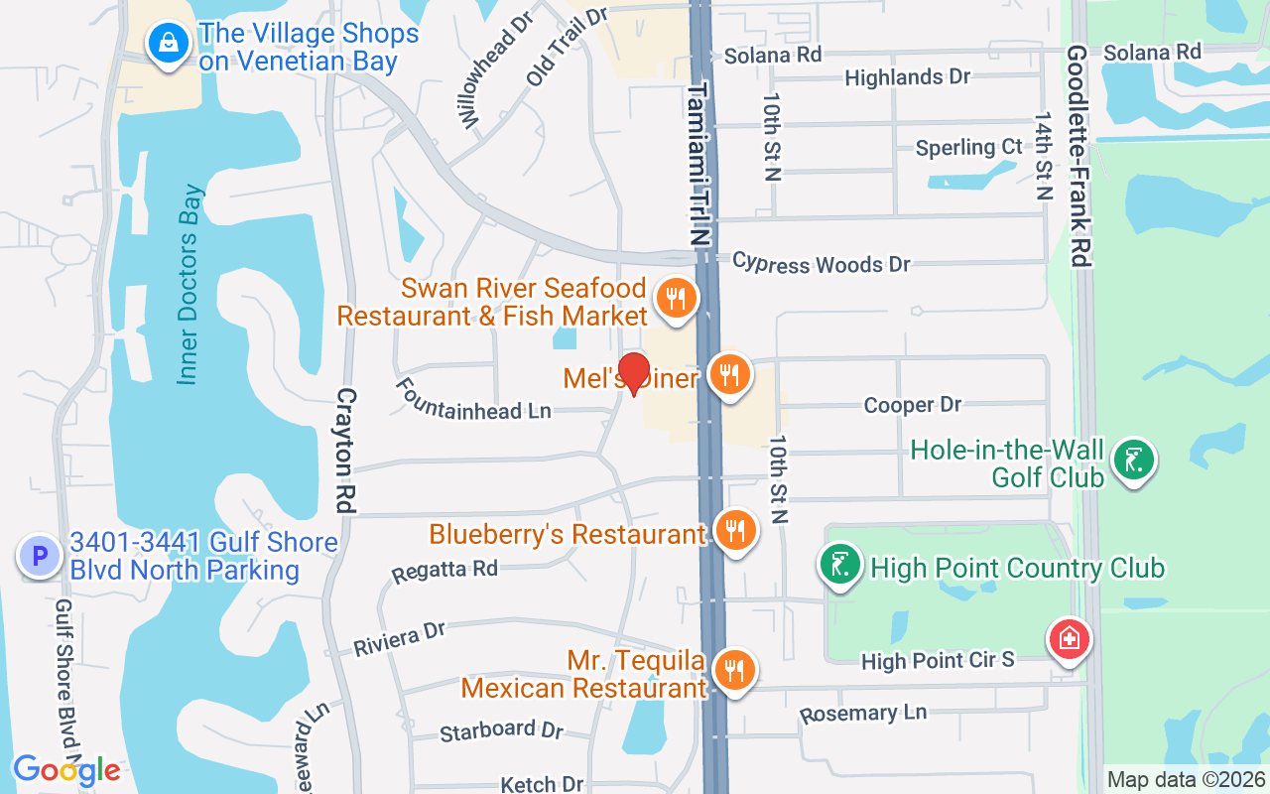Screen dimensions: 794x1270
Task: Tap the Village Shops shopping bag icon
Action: coord(170,44)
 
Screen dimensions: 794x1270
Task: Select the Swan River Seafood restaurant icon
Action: coord(677,297)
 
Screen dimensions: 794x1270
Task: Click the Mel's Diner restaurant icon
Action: coord(730,375)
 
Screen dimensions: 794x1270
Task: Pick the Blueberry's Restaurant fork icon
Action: coord(735,531)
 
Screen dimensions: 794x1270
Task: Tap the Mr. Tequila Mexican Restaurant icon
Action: coord(734,670)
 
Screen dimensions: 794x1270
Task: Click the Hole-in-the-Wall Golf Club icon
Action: coord(1133,461)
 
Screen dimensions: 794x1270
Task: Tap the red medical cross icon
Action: coord(1070,639)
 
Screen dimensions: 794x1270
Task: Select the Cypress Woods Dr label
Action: coord(821,264)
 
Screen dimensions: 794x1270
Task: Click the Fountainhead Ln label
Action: coord(473,398)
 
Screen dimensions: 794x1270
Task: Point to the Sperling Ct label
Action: coord(968,147)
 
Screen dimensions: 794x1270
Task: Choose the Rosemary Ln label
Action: coord(863,713)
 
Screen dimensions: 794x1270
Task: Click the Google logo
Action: coord(66,770)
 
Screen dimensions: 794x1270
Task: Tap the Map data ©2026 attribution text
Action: coord(1187,780)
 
